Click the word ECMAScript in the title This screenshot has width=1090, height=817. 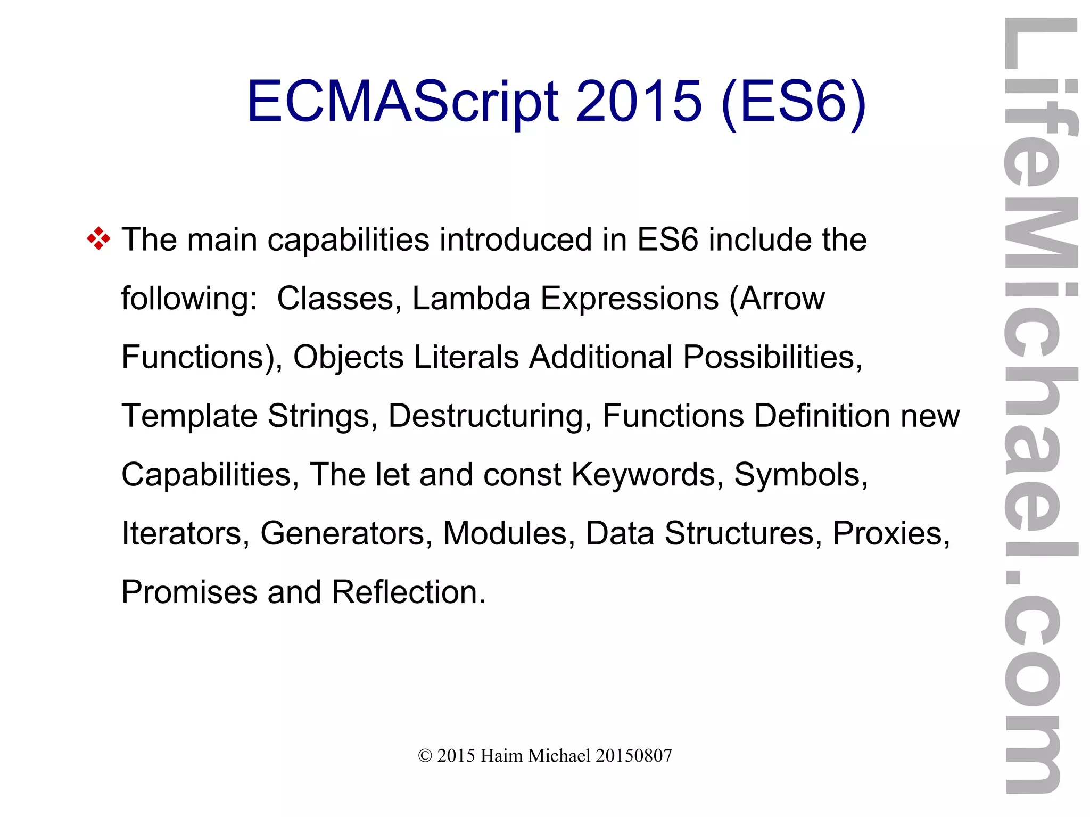click(402, 102)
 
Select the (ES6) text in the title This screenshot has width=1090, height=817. click(794, 102)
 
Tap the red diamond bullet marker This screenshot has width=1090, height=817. click(98, 239)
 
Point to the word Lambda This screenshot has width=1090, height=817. click(470, 298)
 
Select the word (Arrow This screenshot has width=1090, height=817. click(777, 298)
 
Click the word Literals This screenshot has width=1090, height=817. click(466, 357)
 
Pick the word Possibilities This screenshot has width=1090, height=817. click(772, 357)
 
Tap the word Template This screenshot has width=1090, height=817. click(189, 416)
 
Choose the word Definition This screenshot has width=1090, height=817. click(822, 416)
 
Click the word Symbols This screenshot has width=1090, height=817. click(800, 474)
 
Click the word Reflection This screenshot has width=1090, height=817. click(409, 592)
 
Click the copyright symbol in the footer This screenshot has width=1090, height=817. click(425, 756)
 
